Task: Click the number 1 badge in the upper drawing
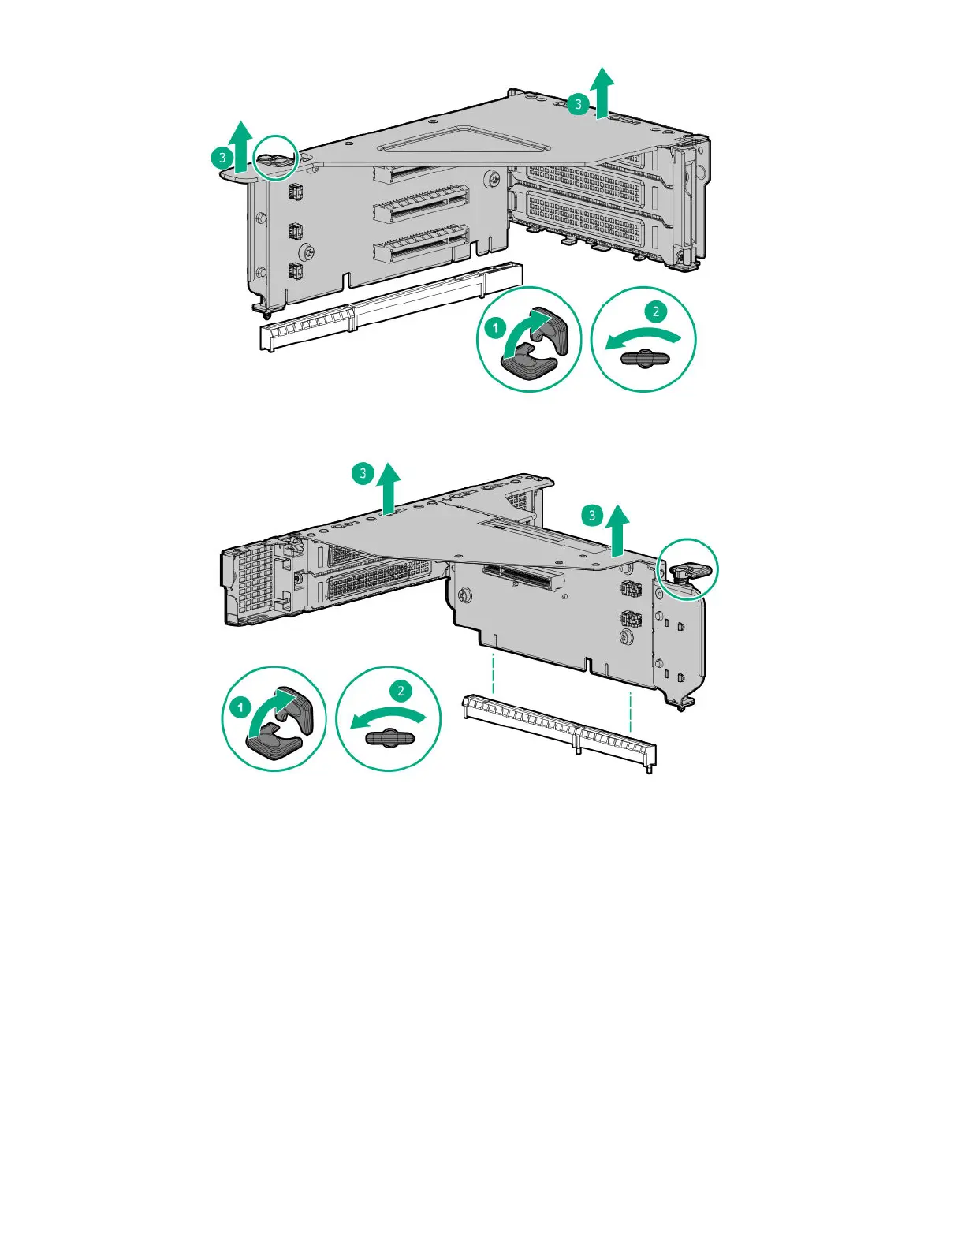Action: (x=495, y=328)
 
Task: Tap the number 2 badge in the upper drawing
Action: (x=655, y=311)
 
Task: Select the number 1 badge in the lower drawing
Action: (x=240, y=707)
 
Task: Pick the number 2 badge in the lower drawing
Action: (x=401, y=690)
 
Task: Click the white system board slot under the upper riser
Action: (x=391, y=307)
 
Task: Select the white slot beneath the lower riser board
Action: (x=559, y=733)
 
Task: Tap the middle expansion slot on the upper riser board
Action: (x=421, y=204)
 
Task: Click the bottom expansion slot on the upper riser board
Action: (x=421, y=245)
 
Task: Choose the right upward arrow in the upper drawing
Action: (x=602, y=92)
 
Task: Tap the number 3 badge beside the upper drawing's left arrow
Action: (x=222, y=157)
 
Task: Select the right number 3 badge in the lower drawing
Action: (x=592, y=515)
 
